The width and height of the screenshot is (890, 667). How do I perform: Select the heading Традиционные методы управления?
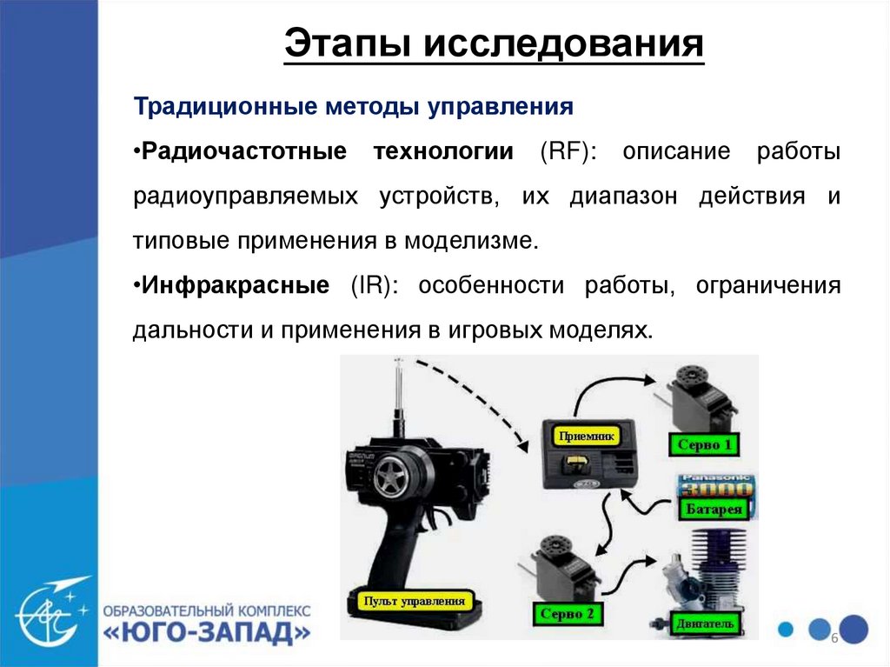tap(353, 107)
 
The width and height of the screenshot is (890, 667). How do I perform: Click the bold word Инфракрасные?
tap(236, 285)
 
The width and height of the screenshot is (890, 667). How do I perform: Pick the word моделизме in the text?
tap(470, 241)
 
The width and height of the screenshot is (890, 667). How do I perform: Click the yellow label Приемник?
tap(587, 437)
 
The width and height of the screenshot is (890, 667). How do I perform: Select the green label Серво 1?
tap(704, 444)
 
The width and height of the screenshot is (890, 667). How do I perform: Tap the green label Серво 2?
tap(567, 614)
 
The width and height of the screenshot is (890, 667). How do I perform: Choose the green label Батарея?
tap(714, 509)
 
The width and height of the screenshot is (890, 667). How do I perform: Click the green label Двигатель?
tap(705, 624)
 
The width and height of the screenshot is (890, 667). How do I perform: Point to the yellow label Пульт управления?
tap(415, 601)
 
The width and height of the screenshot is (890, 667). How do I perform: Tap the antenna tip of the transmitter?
tap(398, 360)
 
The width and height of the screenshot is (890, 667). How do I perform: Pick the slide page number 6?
tap(834, 637)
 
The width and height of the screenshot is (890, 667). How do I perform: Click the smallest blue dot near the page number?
tap(786, 629)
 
